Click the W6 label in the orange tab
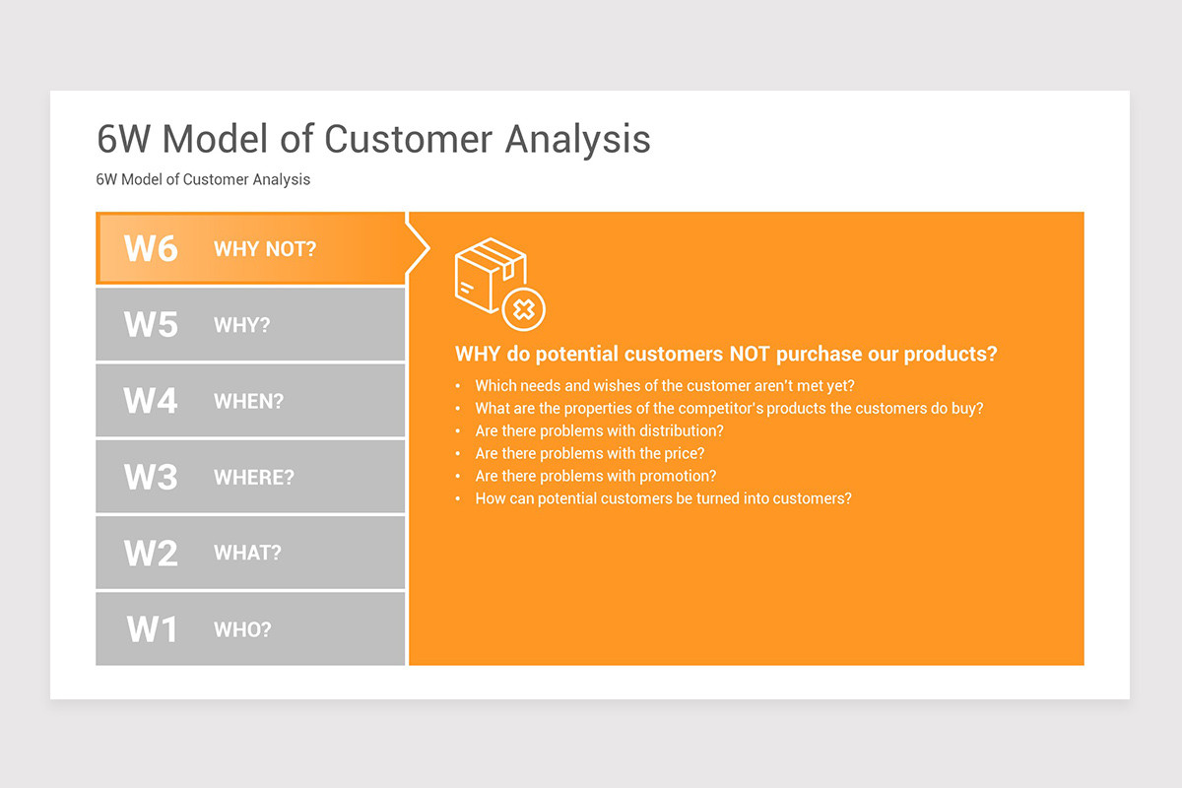point(151,248)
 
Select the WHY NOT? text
point(265,249)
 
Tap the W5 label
point(151,325)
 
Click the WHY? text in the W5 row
point(241,325)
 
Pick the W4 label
point(151,401)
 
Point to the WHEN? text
point(248,402)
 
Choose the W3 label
point(151,477)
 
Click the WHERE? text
point(254,478)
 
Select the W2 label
point(151,554)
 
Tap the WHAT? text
point(247,554)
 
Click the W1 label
point(152,629)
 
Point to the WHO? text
point(242,629)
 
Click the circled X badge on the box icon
point(523,310)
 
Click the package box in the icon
point(490,275)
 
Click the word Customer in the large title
point(408,139)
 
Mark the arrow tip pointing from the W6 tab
point(429,248)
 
